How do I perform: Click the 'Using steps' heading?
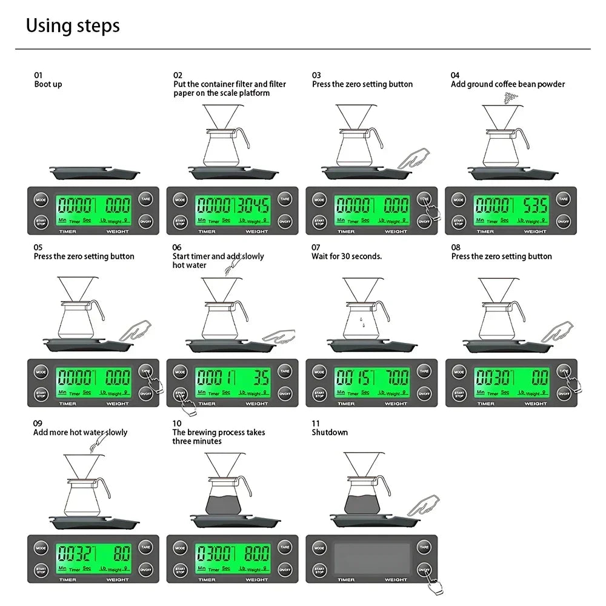pyautogui.click(x=73, y=26)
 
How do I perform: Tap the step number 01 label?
pyautogui.click(x=38, y=75)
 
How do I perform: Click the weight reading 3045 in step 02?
pyautogui.click(x=253, y=205)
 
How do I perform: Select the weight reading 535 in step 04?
pyautogui.click(x=535, y=205)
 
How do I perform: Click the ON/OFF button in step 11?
pyautogui.click(x=424, y=569)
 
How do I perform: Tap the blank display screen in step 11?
pyautogui.click(x=371, y=559)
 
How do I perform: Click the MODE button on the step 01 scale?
pyautogui.click(x=41, y=199)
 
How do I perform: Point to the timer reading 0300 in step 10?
pyautogui.click(x=213, y=553)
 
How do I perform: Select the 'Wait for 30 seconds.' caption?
pyautogui.click(x=347, y=256)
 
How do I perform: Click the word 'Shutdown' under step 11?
pyautogui.click(x=330, y=432)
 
